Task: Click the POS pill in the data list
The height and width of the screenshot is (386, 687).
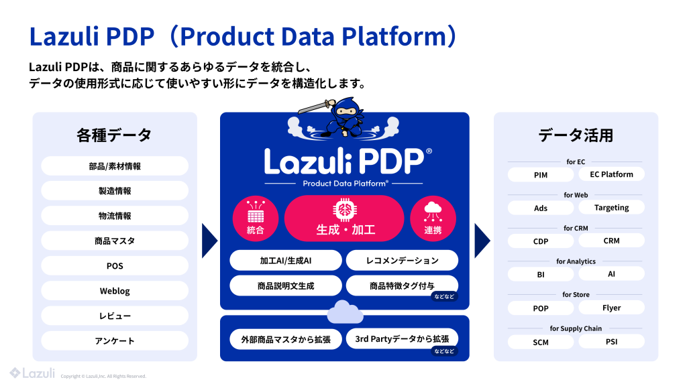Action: (x=115, y=266)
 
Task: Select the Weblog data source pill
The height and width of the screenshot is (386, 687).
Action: (x=115, y=291)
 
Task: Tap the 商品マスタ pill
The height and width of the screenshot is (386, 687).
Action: (x=115, y=241)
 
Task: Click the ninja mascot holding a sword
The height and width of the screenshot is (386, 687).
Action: (x=343, y=117)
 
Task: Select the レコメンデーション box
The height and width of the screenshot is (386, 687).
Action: (x=402, y=260)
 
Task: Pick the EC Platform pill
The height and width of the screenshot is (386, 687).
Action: (x=611, y=174)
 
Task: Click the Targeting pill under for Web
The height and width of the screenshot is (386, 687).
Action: (x=611, y=208)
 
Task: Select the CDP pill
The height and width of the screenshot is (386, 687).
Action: (x=541, y=241)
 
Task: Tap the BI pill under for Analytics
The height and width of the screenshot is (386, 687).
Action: (x=541, y=275)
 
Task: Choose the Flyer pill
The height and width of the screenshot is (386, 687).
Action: (x=611, y=308)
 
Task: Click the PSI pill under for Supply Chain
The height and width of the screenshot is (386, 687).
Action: (x=611, y=342)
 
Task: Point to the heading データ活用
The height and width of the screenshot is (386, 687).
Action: (x=576, y=135)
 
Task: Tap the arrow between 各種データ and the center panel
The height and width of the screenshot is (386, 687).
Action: (x=209, y=240)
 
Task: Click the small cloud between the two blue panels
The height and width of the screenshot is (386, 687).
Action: (x=344, y=311)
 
